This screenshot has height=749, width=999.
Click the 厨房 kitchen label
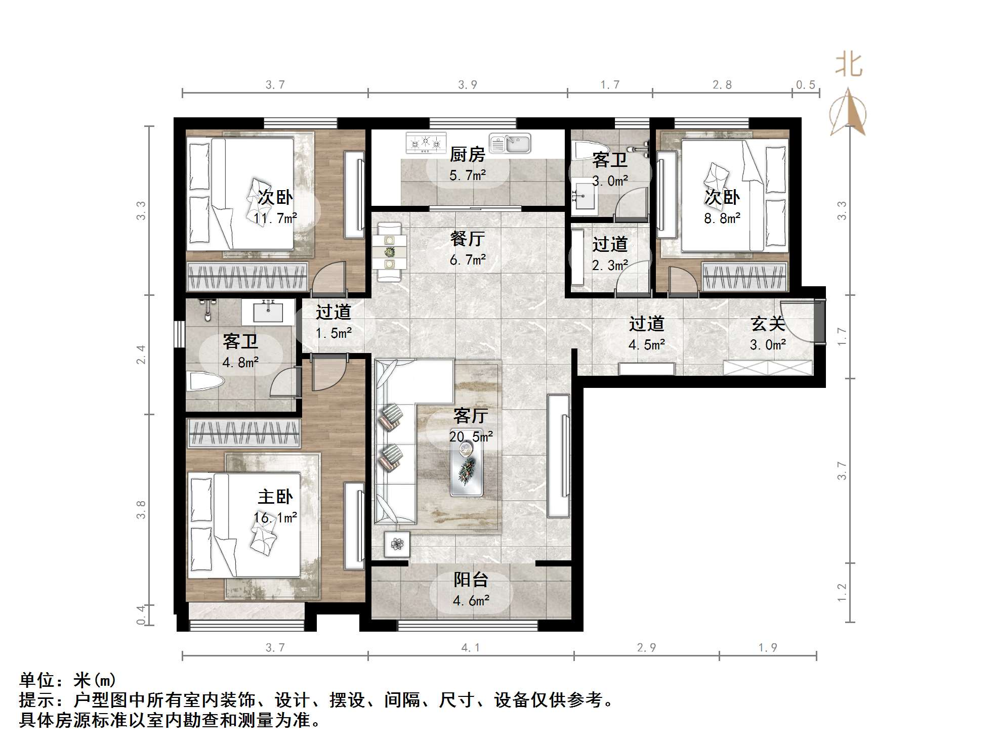click(467, 154)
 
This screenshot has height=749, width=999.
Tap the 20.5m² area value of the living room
click(471, 436)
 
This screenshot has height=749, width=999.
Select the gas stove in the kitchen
click(426, 143)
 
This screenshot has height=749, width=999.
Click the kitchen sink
click(510, 144)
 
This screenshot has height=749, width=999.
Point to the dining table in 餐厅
click(389, 252)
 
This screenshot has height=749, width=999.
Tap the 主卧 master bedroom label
click(275, 497)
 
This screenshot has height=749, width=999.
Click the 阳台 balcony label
click(471, 580)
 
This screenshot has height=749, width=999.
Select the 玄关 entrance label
click(768, 324)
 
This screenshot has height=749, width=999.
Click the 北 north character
click(848, 65)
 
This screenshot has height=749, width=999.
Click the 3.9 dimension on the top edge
click(467, 84)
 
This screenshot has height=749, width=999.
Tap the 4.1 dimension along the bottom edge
click(471, 647)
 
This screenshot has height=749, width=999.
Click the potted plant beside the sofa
click(397, 544)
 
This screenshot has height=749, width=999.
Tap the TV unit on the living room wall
click(559, 455)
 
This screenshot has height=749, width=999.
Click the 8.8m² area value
click(722, 218)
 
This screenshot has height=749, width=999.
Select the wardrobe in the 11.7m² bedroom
click(247, 277)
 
